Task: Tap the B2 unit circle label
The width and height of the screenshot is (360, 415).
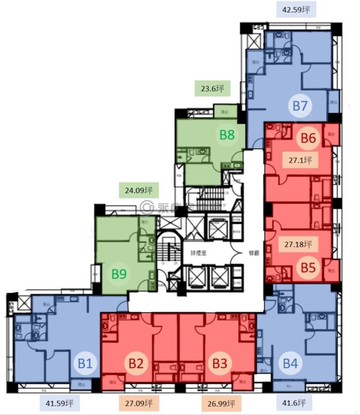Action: tap(138, 364)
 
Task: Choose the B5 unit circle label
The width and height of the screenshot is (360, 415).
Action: tap(308, 268)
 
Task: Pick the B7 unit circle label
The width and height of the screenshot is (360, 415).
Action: tap(299, 104)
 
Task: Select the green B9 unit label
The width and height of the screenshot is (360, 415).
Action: tap(119, 270)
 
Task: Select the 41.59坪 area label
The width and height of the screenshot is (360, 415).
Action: tap(63, 404)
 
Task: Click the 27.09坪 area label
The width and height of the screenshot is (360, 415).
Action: tap(142, 404)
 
